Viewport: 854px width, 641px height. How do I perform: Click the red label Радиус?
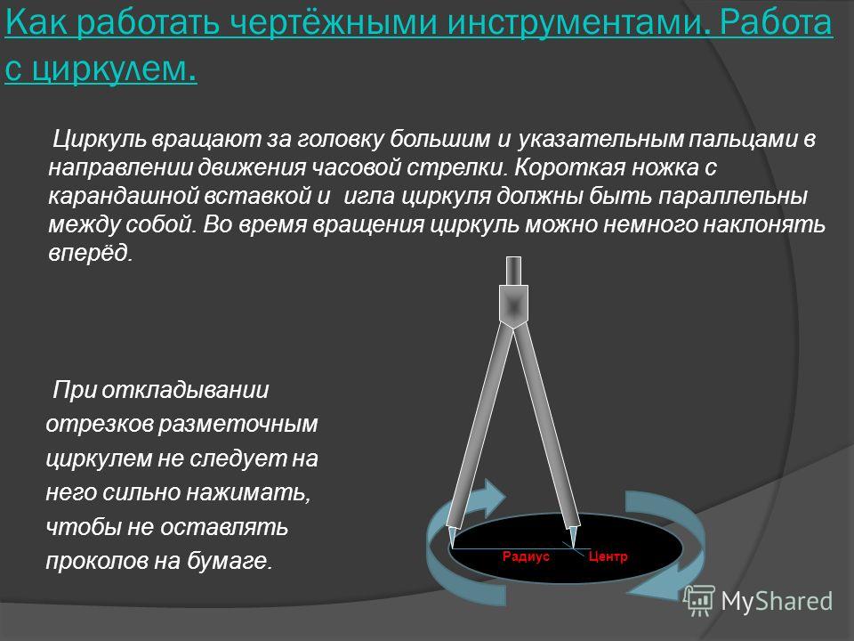[x=526, y=556]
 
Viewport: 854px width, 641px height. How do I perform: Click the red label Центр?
[x=608, y=556]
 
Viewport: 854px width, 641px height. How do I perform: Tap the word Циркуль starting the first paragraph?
[x=99, y=140]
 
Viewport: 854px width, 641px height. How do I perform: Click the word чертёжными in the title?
[x=333, y=23]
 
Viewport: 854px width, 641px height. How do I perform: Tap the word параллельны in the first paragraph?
[x=733, y=197]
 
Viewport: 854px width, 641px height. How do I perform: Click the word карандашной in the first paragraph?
[x=123, y=197]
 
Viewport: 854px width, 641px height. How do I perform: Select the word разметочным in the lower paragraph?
[x=238, y=425]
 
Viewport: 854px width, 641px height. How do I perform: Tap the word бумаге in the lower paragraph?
[x=229, y=561]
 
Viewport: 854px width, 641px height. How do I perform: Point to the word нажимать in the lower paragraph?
[x=248, y=492]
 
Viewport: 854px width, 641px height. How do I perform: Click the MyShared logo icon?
[x=700, y=599]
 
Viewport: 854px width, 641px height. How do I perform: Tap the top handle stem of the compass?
[x=513, y=271]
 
